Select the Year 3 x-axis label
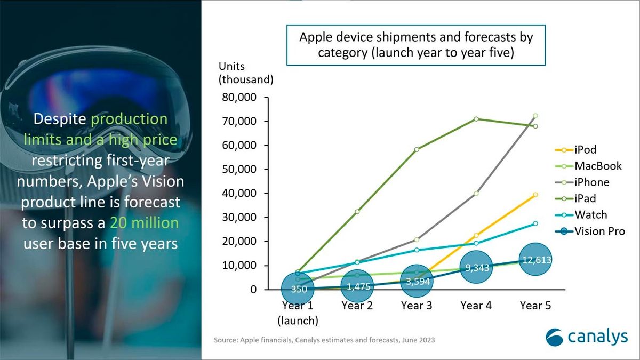416,306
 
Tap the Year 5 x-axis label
535,306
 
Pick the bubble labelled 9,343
476,268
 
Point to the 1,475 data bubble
356,286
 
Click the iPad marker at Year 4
476,119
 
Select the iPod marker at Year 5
535,195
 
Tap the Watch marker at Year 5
535,223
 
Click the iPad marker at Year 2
357,212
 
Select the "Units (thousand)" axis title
246,73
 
